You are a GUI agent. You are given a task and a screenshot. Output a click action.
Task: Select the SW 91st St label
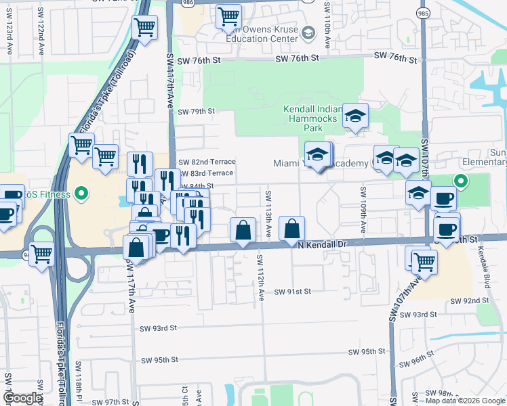[x=292, y=292]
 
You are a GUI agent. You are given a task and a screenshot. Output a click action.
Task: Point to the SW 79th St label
[x=196, y=111]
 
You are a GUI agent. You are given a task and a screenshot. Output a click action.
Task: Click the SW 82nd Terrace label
[x=206, y=162]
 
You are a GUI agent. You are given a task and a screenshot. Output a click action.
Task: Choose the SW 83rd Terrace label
[x=206, y=173]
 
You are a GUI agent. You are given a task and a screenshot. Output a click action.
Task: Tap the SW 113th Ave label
[x=268, y=214]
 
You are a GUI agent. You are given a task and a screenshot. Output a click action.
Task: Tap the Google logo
[x=22, y=398]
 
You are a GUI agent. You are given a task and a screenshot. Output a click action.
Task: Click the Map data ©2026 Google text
[x=465, y=401]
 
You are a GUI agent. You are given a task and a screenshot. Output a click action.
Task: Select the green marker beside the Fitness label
[x=82, y=195]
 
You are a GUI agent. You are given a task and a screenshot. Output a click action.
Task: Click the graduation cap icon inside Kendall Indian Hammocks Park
[x=354, y=116]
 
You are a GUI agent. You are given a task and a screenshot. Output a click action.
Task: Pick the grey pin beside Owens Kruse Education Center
[x=308, y=32]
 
